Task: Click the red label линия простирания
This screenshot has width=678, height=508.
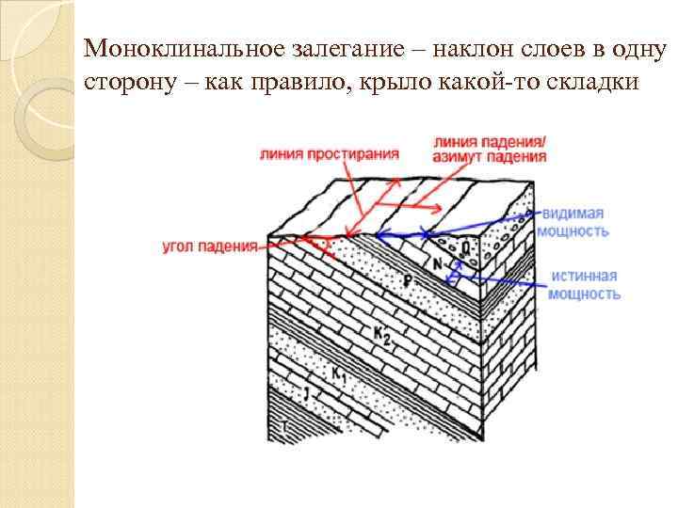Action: [x=329, y=153]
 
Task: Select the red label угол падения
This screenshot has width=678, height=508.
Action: [x=209, y=246]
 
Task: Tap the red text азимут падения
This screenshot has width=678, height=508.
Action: [x=490, y=157]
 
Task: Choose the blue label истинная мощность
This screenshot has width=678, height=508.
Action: [x=585, y=285]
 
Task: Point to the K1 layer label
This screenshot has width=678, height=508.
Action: [x=340, y=373]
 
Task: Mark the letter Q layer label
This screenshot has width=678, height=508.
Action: [x=467, y=247]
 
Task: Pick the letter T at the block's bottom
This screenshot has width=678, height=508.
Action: [x=283, y=429]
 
